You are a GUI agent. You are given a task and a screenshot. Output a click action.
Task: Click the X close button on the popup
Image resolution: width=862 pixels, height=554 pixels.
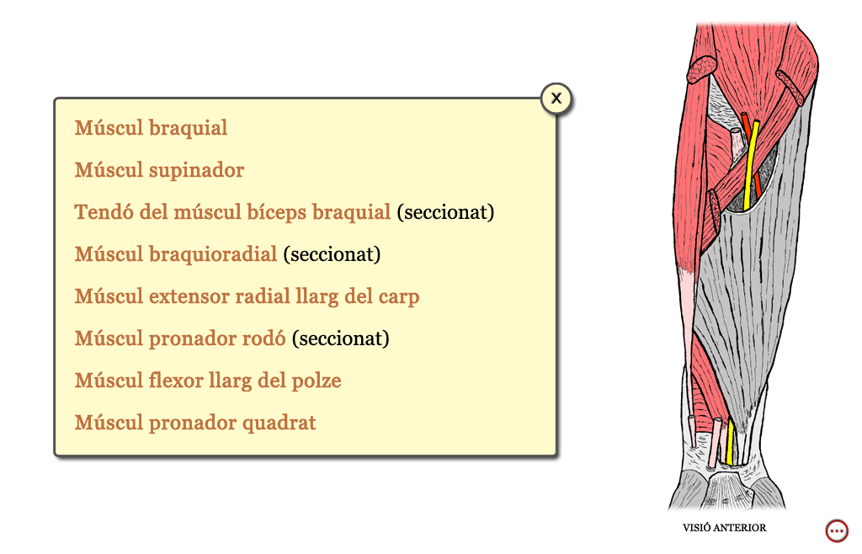tap(556, 99)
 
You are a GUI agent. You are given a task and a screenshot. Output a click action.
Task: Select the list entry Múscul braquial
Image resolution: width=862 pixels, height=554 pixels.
tap(151, 128)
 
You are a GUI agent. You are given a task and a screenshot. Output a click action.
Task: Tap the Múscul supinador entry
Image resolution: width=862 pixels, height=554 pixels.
tap(159, 170)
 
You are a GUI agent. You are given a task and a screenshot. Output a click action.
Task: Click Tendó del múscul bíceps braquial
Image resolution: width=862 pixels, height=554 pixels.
tap(232, 212)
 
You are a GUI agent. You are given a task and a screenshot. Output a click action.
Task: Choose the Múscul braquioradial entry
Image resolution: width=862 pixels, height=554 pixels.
tap(176, 254)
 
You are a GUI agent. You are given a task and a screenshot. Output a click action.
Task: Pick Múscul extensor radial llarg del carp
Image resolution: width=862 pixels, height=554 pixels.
tap(247, 296)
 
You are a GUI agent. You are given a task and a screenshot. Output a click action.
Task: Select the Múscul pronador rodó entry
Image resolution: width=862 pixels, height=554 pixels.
tap(180, 338)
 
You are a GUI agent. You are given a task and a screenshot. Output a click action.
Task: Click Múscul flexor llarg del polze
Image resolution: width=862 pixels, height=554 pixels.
tap(208, 381)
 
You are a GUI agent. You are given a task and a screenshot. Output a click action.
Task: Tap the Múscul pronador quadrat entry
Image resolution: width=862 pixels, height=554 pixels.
tap(195, 423)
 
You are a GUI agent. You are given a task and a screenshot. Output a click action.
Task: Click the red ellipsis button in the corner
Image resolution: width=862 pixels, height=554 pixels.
tap(837, 531)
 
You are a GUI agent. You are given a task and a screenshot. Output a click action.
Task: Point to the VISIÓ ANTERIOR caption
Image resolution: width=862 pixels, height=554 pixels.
tap(725, 528)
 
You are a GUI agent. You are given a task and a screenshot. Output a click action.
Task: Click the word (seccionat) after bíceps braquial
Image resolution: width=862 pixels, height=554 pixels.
tap(446, 213)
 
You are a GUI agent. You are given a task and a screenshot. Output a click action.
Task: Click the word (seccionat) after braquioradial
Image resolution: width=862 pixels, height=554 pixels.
tap(332, 255)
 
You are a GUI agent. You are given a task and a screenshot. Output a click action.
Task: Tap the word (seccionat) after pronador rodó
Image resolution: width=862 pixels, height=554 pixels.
tap(341, 339)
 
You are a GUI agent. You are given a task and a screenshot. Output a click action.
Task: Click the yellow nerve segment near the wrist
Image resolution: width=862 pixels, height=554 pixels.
tap(730, 442)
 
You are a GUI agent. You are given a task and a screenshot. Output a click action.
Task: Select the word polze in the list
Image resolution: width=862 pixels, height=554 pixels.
tap(317, 381)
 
